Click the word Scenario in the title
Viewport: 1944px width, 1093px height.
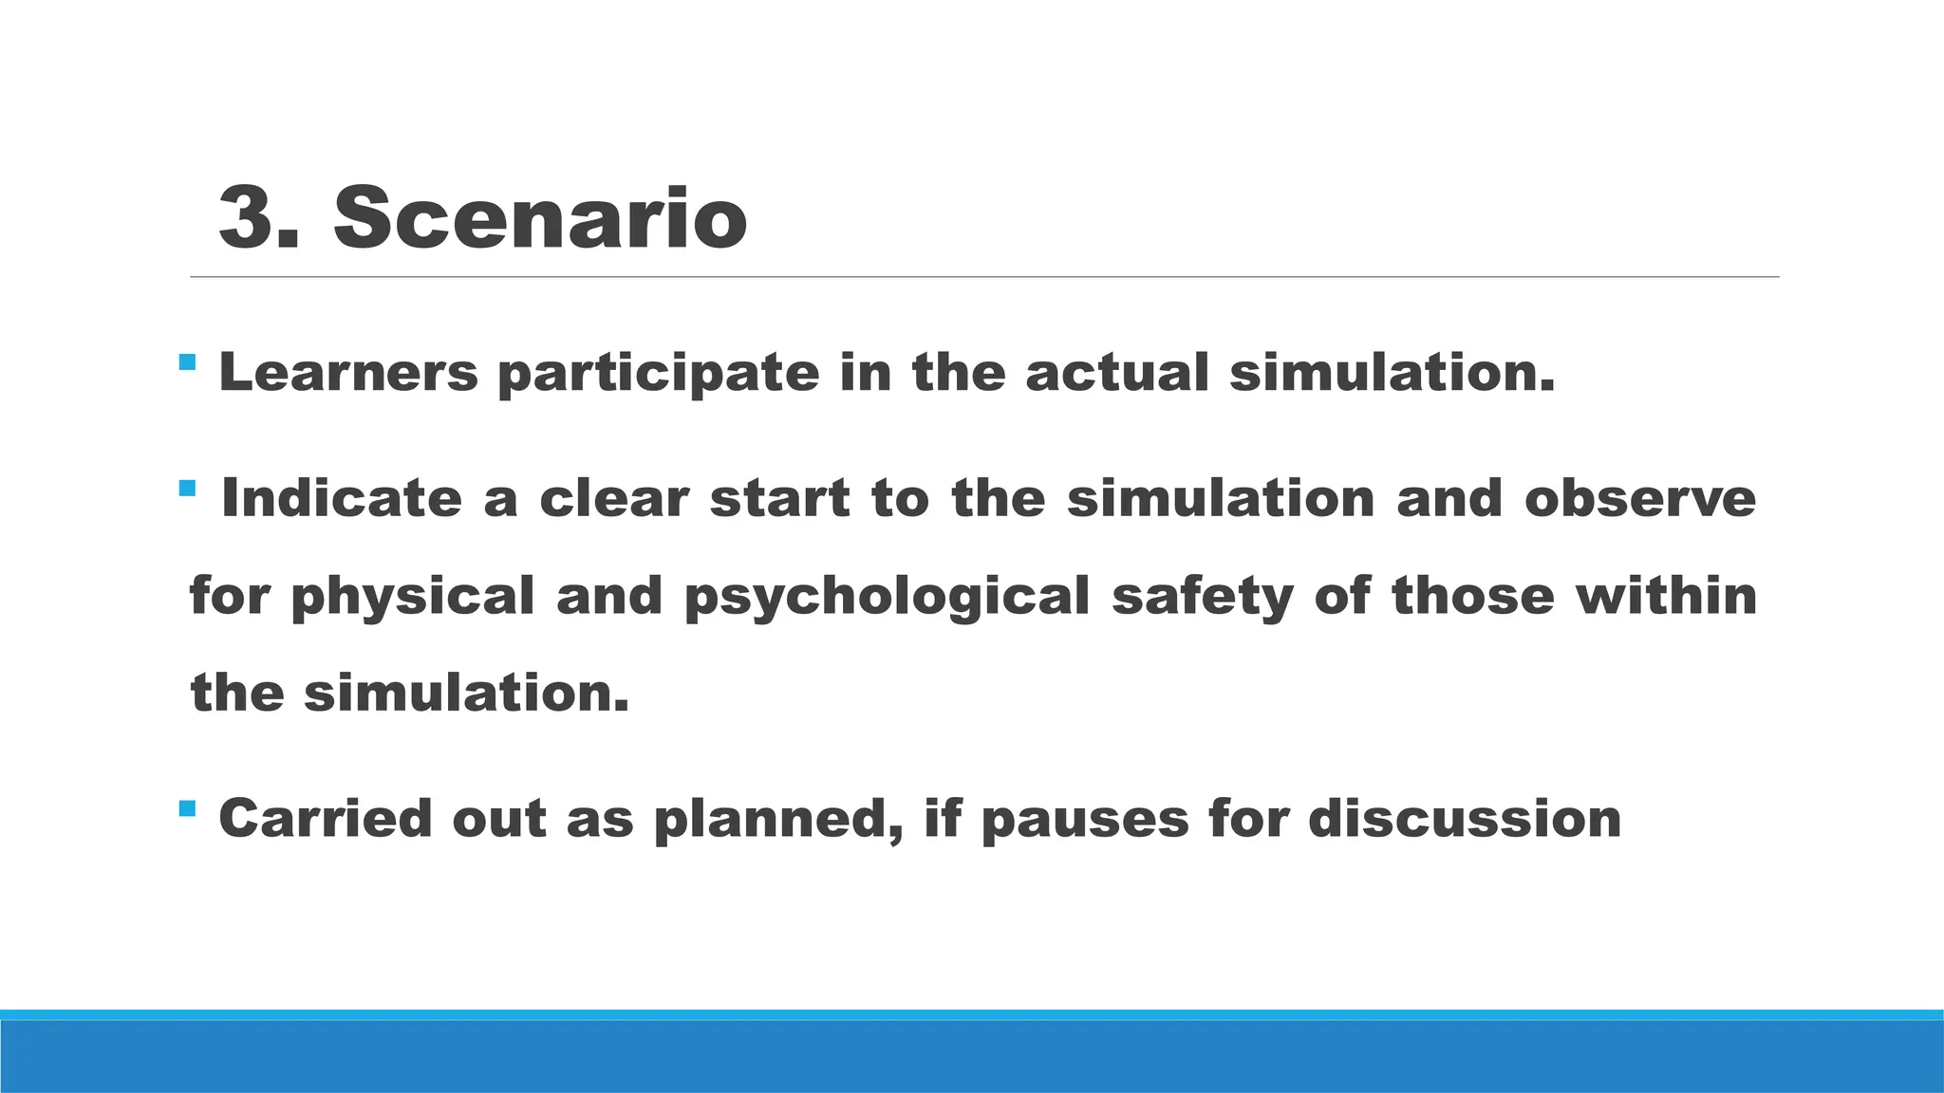(x=540, y=219)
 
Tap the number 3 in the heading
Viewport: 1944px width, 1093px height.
(x=248, y=219)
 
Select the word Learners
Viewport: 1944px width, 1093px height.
(x=348, y=372)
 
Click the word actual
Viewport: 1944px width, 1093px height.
(x=1117, y=372)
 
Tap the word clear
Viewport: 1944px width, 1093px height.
(x=613, y=499)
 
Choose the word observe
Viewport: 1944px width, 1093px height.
(x=1640, y=499)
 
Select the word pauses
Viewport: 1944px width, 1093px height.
(x=1085, y=820)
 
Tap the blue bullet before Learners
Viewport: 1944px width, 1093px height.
(x=187, y=362)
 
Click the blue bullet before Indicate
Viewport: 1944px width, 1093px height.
(x=187, y=490)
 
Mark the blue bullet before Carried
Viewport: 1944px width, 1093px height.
(x=187, y=808)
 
